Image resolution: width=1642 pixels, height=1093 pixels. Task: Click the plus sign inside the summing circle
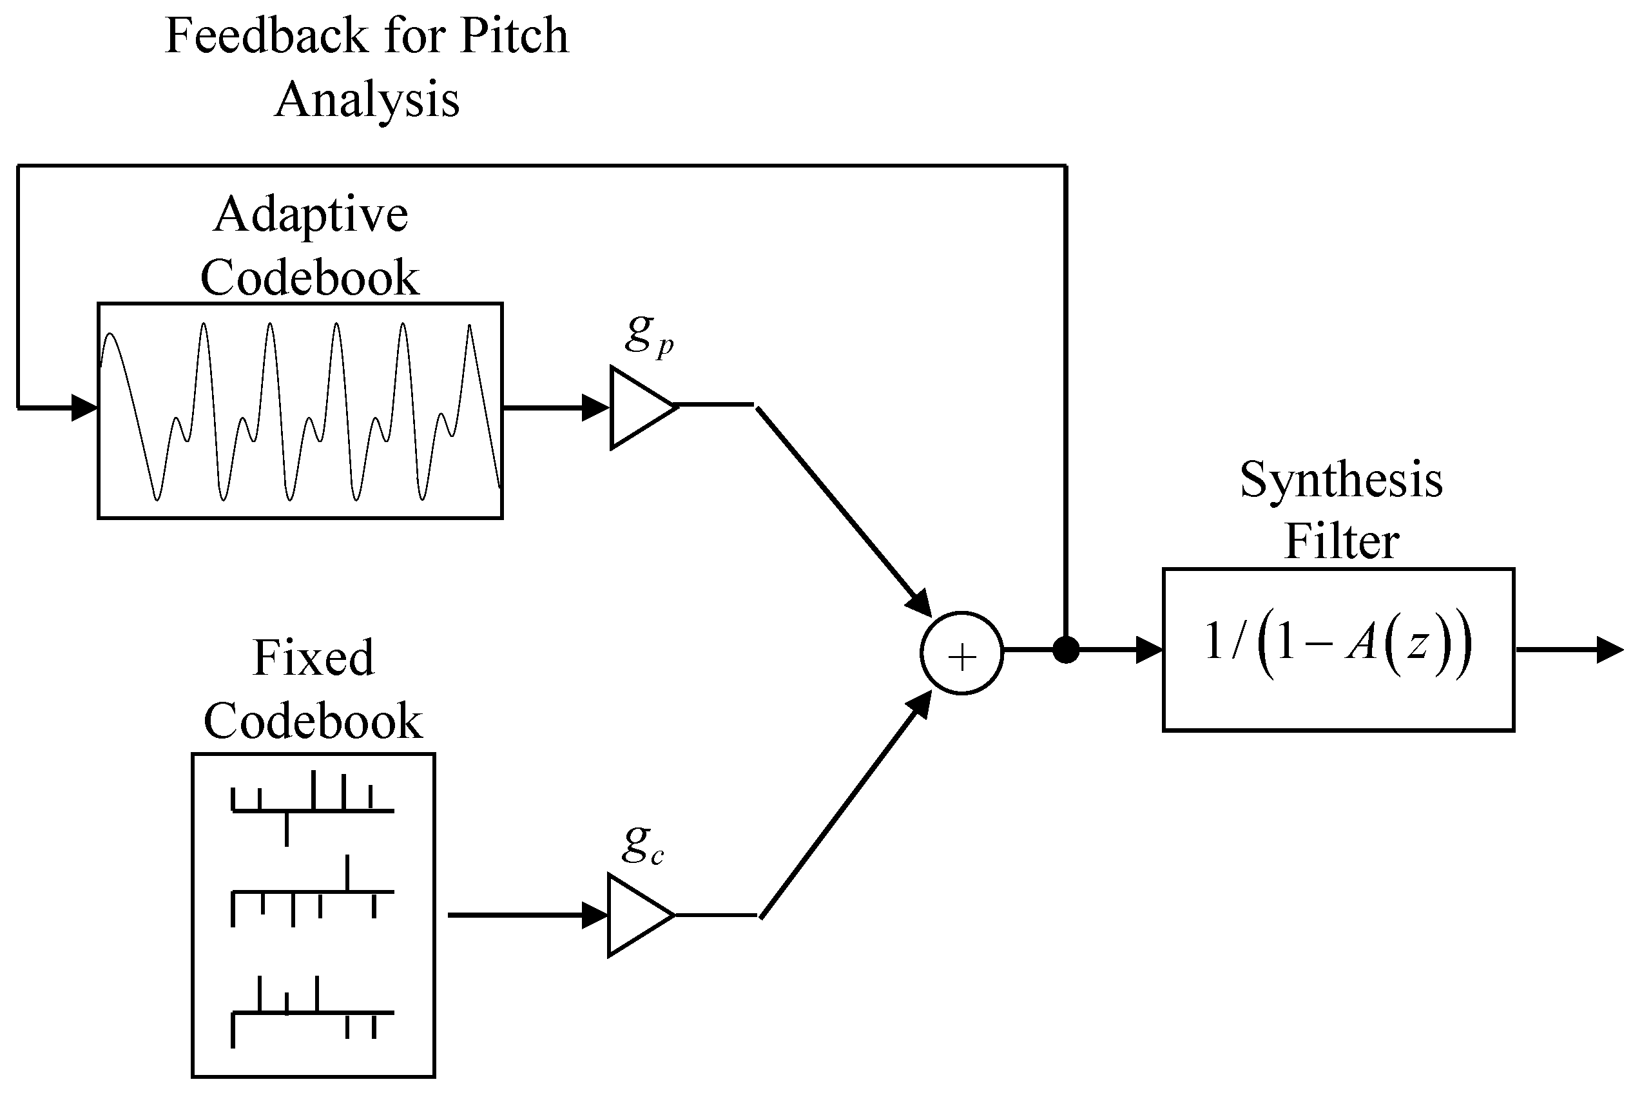(961, 657)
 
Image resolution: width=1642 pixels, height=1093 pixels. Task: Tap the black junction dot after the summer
(1066, 650)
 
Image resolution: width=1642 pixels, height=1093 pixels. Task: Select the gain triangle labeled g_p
(638, 407)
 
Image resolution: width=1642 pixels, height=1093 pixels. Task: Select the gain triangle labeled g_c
(635, 914)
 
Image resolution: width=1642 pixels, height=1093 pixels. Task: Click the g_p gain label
(648, 334)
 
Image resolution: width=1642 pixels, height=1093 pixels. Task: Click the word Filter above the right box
(1341, 541)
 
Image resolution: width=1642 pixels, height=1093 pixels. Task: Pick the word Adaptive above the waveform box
(311, 214)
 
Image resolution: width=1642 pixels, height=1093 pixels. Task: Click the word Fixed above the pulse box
(313, 657)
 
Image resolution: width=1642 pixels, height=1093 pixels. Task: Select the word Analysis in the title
(367, 99)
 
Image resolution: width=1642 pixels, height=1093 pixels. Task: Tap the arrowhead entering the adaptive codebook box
(84, 407)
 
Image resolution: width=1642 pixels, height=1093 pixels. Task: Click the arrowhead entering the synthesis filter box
(1148, 650)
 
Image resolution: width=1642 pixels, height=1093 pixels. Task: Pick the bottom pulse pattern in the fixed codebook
(313, 1010)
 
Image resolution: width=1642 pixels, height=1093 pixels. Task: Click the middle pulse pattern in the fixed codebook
(313, 895)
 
